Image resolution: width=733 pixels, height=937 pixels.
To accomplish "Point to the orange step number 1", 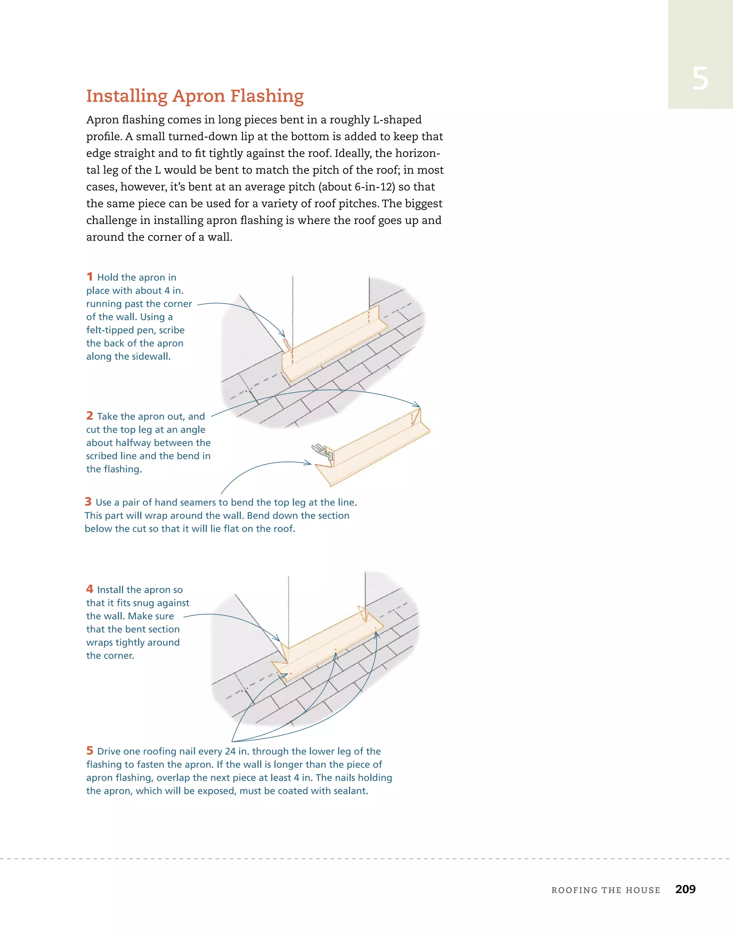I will coord(89,277).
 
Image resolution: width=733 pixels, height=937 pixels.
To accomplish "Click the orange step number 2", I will coord(89,416).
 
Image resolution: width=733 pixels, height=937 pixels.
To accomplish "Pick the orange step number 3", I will coord(88,501).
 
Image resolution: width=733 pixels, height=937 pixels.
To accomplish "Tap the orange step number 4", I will coord(89,589).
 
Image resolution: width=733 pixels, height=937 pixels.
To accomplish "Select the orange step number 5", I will coord(89,750).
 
